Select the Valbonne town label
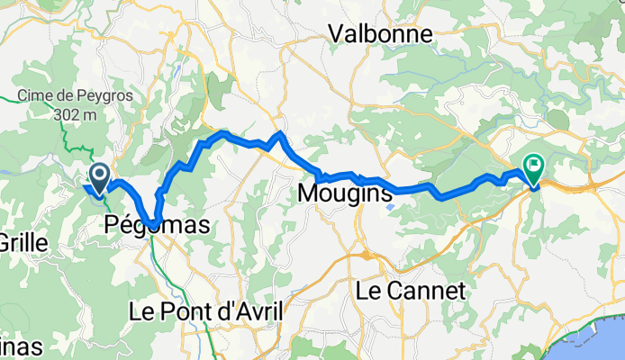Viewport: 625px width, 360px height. [x=379, y=34]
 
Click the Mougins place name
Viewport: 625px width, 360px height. [x=344, y=193]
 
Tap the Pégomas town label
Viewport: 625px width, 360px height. [x=156, y=224]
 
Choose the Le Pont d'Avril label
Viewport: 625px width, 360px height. [x=206, y=311]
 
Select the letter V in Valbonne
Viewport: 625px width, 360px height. [x=336, y=34]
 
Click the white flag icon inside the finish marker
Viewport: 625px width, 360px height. [x=535, y=164]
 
